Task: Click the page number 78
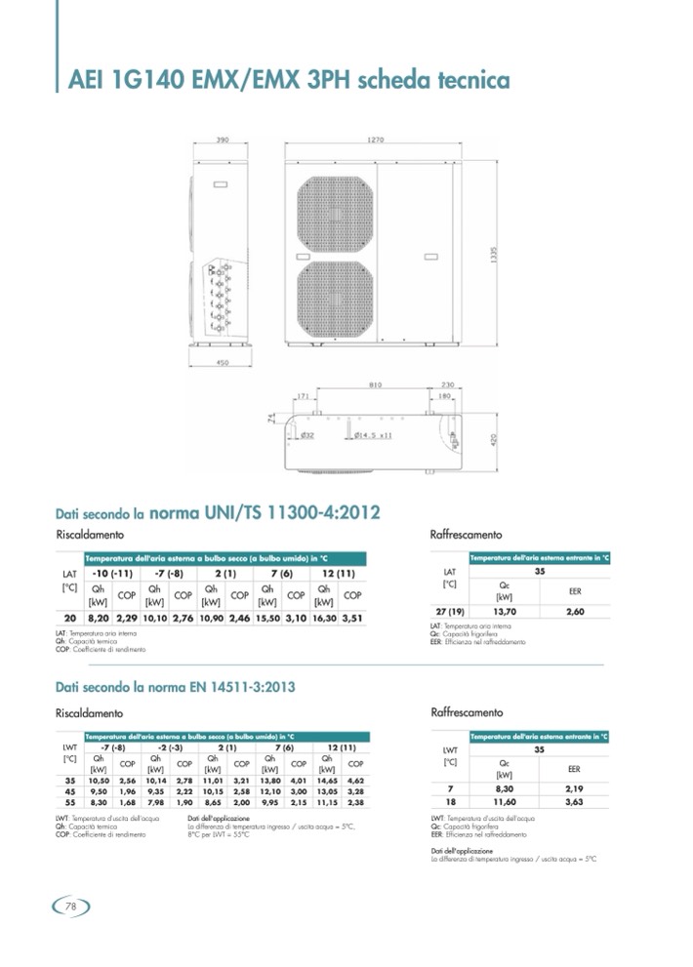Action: [69, 907]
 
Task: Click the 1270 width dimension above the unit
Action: [375, 141]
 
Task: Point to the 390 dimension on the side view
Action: [222, 141]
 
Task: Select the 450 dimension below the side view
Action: [222, 363]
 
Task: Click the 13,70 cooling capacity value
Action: [505, 611]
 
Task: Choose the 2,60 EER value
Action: [574, 611]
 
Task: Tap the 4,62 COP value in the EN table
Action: [355, 781]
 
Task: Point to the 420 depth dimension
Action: [494, 440]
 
